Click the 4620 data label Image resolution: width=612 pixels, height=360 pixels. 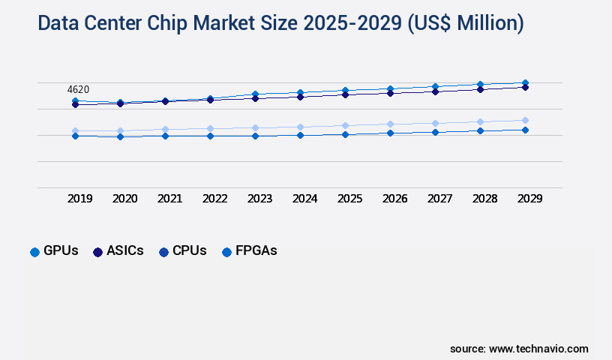coord(78,90)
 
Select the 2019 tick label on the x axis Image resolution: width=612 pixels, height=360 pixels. coord(79,199)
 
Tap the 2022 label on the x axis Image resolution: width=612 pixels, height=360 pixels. coord(214,199)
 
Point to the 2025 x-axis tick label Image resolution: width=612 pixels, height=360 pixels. coord(349,199)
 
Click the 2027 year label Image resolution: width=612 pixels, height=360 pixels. coord(439,199)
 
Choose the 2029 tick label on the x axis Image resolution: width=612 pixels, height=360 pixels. coord(529,199)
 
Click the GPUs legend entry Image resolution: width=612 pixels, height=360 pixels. coord(54,251)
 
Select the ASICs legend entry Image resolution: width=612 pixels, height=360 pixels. coord(118,251)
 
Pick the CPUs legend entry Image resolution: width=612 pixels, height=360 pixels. coord(182,251)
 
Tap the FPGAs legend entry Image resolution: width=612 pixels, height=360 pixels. coord(249,251)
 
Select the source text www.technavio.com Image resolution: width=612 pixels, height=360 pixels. coord(538,349)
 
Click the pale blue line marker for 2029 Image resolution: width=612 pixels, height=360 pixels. coord(525,120)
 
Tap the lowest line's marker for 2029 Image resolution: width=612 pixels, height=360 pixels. coord(525,130)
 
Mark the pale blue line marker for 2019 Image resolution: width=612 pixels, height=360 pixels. coord(75,130)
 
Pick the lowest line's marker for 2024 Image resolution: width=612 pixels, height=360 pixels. coord(300,135)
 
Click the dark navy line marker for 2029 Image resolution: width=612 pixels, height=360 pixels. coord(525,87)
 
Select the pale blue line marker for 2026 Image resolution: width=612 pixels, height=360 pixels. coord(390,124)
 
